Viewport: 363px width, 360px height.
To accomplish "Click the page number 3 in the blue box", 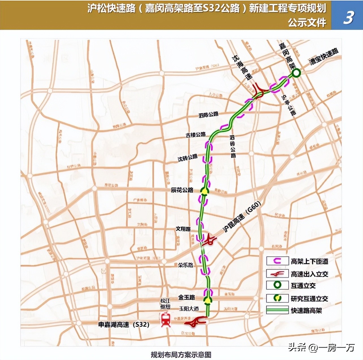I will (348, 17).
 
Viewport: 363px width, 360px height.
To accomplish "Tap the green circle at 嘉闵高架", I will (296, 73).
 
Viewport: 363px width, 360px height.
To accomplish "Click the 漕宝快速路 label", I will (324, 57).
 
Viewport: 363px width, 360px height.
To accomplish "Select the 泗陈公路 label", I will (208, 114).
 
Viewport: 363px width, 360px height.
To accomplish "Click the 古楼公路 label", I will (196, 135).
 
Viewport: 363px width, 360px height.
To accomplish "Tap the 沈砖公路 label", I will (187, 158).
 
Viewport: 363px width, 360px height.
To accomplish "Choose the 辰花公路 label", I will (182, 190).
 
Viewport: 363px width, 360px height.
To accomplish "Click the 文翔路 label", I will (183, 229).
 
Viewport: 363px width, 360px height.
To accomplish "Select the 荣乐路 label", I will (185, 265).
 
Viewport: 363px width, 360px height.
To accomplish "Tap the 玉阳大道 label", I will (189, 309).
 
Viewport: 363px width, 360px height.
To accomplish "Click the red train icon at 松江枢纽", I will (165, 320).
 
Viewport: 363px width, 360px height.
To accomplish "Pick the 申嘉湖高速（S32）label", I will (124, 325).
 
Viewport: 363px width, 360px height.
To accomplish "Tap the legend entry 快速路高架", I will (306, 311).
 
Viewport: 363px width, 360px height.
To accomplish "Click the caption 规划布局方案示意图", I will (181, 355).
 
